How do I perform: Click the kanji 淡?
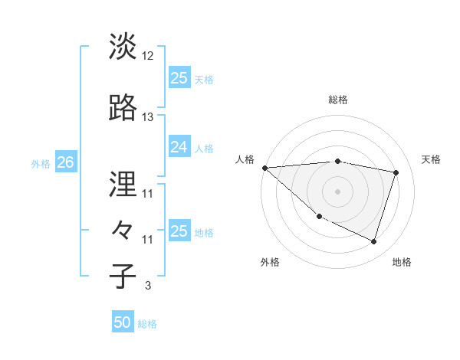[123, 47]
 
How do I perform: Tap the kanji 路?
[123, 108]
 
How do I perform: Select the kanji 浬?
[123, 185]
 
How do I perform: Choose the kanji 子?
[123, 277]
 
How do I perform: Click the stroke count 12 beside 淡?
[148, 56]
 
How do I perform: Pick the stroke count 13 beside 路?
[148, 117]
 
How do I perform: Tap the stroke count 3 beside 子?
[147, 286]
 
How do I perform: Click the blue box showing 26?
[65, 162]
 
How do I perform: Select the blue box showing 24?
[179, 147]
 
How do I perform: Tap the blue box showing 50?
[123, 323]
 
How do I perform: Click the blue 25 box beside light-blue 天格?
[179, 78]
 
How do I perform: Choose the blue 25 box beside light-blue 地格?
[179, 231]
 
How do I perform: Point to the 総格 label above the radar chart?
[338, 100]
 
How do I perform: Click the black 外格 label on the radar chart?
[270, 262]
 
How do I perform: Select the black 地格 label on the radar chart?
[402, 262]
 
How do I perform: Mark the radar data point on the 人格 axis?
[264, 168]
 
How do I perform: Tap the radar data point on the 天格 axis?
[396, 172]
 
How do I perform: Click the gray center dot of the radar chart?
[338, 191]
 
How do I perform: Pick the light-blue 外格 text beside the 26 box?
[41, 163]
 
